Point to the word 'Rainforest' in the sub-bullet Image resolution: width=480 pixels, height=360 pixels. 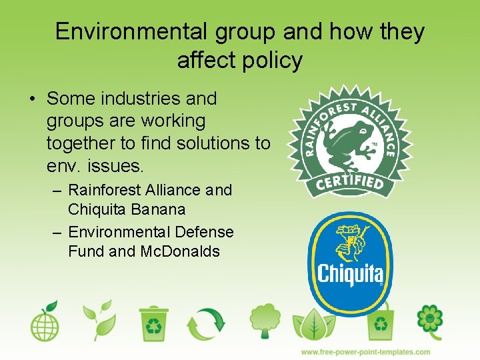pyautogui.click(x=106, y=190)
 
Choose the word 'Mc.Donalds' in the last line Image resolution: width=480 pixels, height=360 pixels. pyautogui.click(x=180, y=251)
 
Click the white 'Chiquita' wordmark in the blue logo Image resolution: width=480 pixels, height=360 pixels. pyautogui.click(x=350, y=273)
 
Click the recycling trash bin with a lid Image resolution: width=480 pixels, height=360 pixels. pyautogui.click(x=154, y=323)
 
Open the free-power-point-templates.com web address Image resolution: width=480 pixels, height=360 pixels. pyautogui.click(x=365, y=352)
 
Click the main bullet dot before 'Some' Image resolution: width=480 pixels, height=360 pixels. pyautogui.click(x=32, y=99)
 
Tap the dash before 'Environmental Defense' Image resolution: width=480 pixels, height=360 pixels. pyautogui.click(x=57, y=233)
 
